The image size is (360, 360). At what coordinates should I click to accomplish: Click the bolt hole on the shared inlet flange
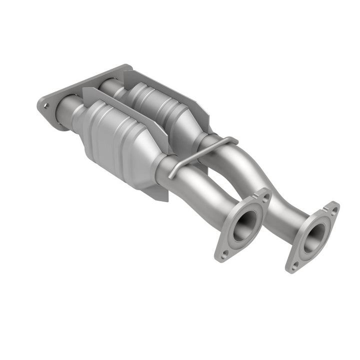click(46, 105)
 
